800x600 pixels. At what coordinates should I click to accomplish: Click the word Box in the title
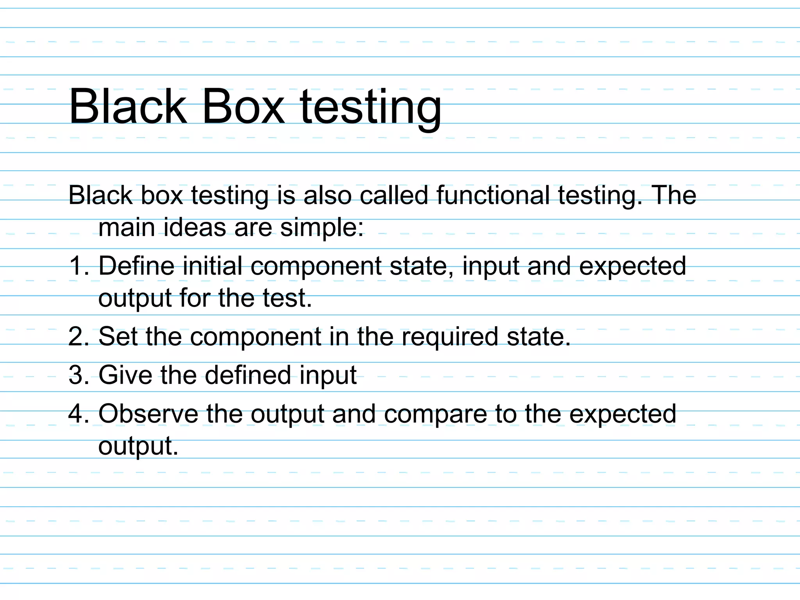point(243,106)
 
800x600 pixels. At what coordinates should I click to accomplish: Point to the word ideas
point(195,227)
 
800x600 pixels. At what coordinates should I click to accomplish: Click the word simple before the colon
point(318,228)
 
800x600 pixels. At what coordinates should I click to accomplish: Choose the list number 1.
point(77,266)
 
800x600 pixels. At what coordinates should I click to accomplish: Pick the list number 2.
point(77,336)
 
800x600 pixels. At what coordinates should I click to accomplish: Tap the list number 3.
point(77,375)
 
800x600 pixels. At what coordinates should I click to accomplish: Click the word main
point(127,227)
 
